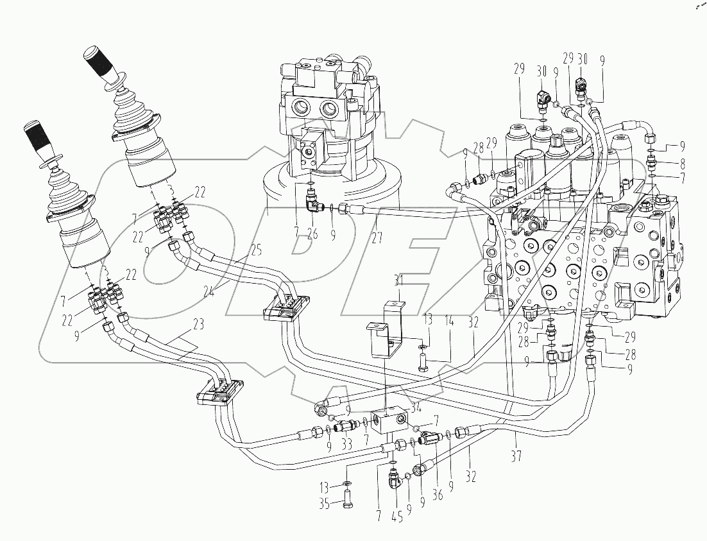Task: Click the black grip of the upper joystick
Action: pyautogui.click(x=99, y=64)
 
